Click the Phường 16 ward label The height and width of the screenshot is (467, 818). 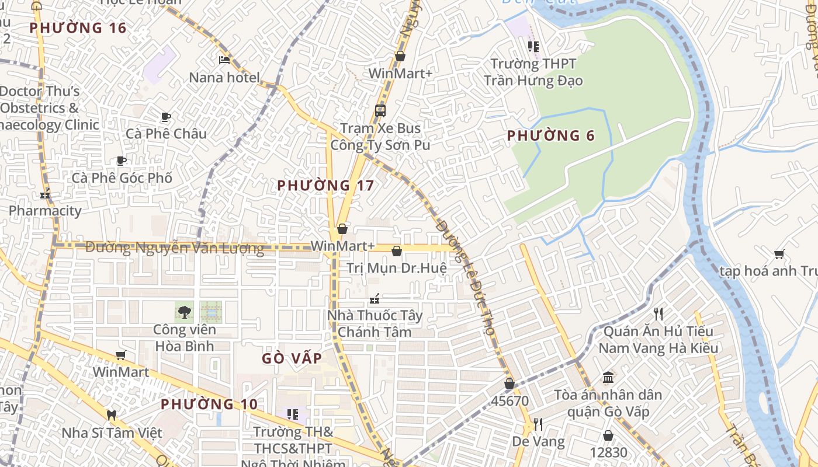(78, 27)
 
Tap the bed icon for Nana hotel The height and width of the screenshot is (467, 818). (224, 60)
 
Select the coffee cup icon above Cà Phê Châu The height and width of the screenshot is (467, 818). (166, 117)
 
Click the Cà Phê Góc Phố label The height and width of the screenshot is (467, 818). (122, 177)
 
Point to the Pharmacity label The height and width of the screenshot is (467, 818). (45, 211)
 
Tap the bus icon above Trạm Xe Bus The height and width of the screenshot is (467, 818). (380, 110)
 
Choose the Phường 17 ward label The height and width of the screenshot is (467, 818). (325, 186)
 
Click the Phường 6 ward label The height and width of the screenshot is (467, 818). (550, 136)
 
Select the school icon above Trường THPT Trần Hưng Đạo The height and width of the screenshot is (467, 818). (533, 46)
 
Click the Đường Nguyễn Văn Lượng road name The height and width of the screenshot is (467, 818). (175, 248)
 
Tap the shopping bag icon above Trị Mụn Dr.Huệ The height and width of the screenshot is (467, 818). (397, 251)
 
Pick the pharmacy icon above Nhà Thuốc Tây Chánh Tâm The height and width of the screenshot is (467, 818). (375, 299)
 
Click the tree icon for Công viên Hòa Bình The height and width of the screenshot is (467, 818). (184, 312)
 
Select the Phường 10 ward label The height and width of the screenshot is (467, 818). (209, 404)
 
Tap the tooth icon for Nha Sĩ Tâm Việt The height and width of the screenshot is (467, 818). (112, 415)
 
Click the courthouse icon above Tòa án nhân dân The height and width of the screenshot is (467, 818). (608, 377)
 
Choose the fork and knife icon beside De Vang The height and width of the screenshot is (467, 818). (538, 424)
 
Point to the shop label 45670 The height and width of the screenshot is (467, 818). (509, 401)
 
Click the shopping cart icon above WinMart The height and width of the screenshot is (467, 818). (121, 355)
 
